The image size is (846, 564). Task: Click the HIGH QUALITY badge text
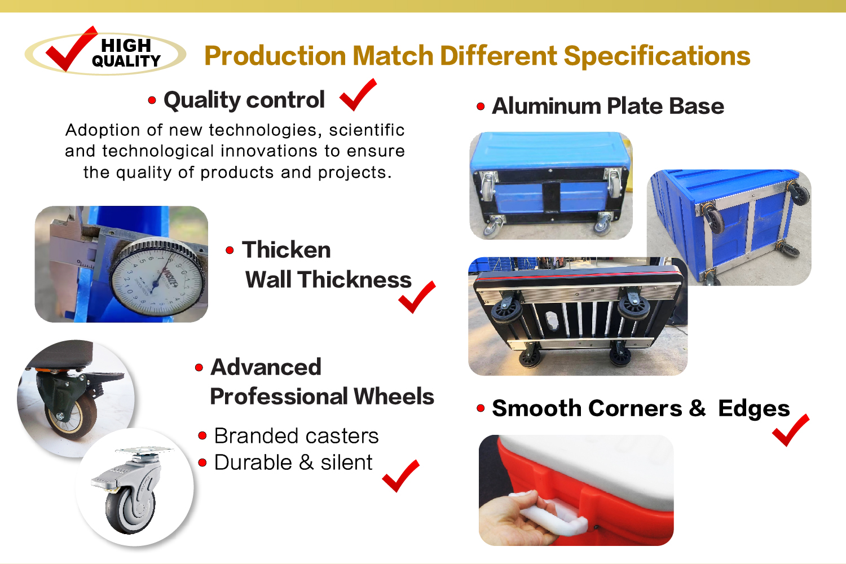tap(126, 53)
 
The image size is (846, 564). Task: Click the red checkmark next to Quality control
tap(358, 95)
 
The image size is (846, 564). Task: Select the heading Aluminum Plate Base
tap(607, 106)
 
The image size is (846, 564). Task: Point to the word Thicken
tap(287, 250)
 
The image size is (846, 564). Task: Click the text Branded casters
tap(296, 436)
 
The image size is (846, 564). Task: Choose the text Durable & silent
tap(293, 462)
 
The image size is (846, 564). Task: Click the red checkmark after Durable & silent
tap(400, 476)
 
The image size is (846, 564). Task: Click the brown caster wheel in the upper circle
tap(71, 417)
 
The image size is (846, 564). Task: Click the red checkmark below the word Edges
tap(791, 430)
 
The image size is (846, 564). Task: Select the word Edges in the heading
tap(754, 409)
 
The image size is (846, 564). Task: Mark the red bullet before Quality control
tap(152, 100)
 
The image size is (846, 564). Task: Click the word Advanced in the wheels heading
tap(266, 367)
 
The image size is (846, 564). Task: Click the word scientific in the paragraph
tap(367, 130)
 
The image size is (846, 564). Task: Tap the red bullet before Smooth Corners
tap(481, 408)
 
